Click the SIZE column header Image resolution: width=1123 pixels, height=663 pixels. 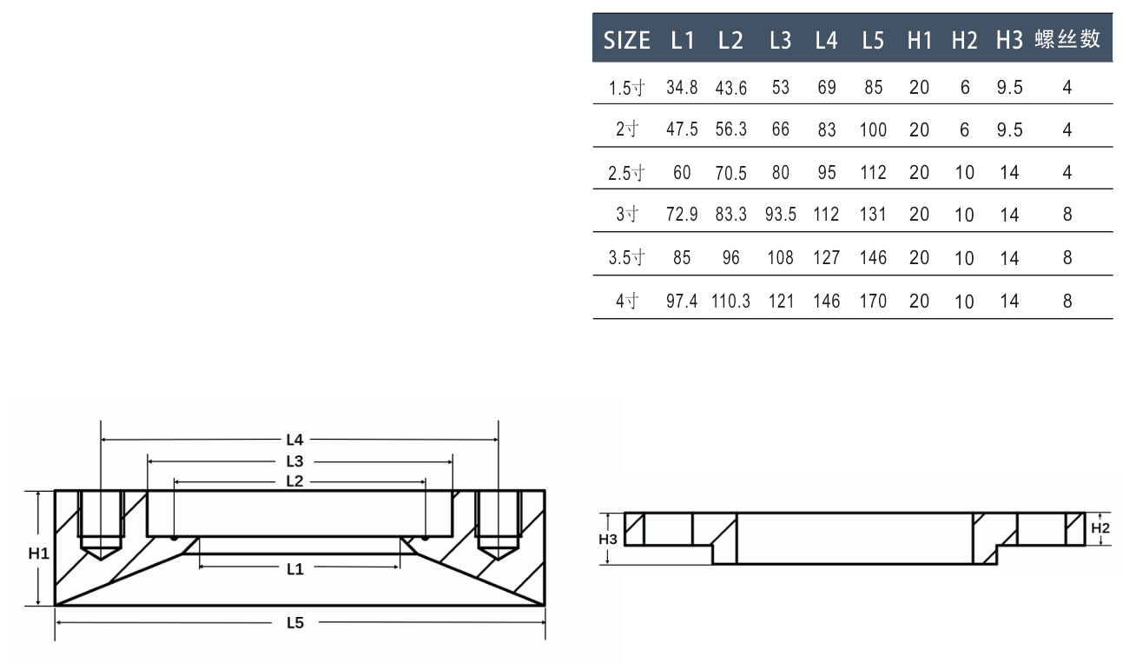pos(625,40)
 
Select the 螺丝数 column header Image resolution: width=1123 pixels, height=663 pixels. pos(1067,39)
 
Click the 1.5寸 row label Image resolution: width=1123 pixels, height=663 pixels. pos(625,88)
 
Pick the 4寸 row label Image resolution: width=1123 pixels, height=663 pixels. pos(626,302)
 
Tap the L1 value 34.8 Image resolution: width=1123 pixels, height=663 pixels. pos(682,88)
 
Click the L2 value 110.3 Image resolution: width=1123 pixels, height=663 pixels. pos(730,302)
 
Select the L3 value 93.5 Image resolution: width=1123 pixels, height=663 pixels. pos(781,215)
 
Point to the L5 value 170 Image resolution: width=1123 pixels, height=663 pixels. pos(873,302)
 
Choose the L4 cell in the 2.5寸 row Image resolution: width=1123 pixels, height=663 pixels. pos(827,173)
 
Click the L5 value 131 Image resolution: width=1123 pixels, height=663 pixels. pos(873,215)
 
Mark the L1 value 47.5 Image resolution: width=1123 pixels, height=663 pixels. pos(682,130)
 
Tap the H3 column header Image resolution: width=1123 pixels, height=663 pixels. pos(1009,40)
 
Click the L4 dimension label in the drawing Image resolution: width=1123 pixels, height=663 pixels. pos(294,440)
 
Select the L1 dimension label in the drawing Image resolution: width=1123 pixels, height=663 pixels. pos(294,569)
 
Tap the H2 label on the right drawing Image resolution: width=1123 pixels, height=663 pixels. pos(1100,527)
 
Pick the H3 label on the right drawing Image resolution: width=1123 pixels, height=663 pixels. pos(608,539)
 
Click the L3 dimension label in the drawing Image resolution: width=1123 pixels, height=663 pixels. pos(294,461)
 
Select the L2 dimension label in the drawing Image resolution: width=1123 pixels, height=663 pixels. pos(294,481)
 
